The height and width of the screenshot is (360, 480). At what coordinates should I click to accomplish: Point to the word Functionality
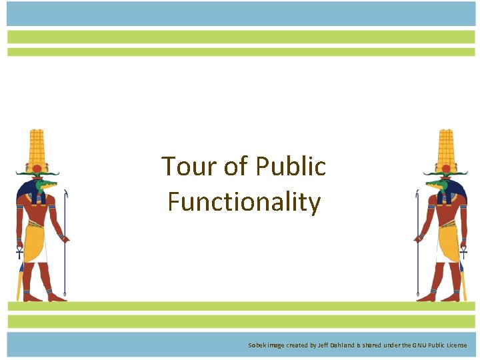[244, 201]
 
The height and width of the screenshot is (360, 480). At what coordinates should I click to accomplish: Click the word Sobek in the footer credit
[257, 345]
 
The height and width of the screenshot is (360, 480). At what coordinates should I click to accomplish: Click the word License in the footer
[456, 345]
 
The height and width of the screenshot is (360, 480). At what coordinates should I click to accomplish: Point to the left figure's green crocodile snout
[49, 182]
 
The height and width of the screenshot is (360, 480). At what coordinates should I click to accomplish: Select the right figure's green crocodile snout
[434, 182]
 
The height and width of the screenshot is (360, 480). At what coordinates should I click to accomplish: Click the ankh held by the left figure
[19, 253]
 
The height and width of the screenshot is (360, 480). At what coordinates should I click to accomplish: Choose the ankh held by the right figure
[463, 253]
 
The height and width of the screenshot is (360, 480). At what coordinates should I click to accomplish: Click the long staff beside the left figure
[65, 247]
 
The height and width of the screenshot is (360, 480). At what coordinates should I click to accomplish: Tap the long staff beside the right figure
[417, 247]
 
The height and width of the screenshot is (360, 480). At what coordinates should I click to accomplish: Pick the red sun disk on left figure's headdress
[37, 168]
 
